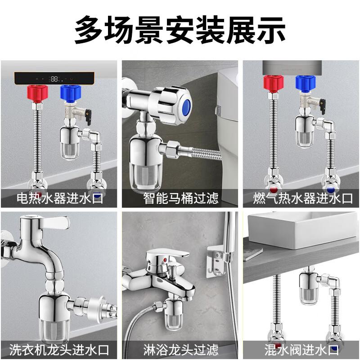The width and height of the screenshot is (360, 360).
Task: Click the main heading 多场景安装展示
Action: point(180,30)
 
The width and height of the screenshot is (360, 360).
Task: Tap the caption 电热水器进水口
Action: point(60,198)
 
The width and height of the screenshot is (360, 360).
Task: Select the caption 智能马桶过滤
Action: point(181,198)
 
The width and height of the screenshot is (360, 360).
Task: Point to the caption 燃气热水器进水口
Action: point(302,198)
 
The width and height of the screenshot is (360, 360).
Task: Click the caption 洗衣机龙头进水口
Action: point(59,350)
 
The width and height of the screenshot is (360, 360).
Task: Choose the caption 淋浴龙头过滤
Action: point(181,350)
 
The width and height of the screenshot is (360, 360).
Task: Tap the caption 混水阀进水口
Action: point(301,350)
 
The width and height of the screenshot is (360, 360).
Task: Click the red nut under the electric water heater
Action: point(38,94)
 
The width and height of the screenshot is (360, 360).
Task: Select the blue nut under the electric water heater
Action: point(71,94)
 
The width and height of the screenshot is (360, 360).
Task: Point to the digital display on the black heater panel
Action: point(54,79)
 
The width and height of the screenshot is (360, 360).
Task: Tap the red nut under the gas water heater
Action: point(274,84)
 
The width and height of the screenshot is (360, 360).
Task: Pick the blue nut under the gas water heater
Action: point(306,84)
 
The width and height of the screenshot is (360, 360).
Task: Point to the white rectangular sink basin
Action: point(302,230)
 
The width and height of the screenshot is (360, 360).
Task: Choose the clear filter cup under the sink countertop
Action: point(308,296)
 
